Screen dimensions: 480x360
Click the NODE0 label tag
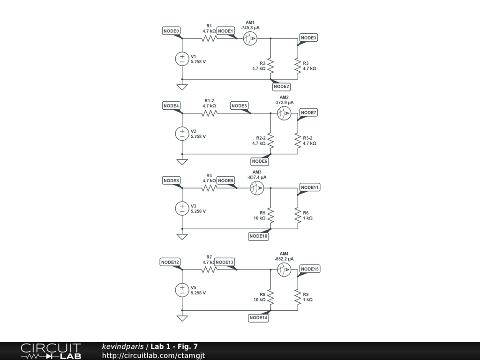172,31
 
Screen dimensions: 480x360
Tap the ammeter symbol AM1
250,39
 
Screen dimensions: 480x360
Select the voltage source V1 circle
182,59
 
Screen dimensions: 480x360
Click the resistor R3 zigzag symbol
298,66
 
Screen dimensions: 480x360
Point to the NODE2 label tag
281,86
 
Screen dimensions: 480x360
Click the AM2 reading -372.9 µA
284,102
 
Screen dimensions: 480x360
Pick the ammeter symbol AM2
284,113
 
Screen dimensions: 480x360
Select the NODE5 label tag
239,106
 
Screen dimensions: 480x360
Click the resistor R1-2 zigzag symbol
209,113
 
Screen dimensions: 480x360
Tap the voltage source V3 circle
182,208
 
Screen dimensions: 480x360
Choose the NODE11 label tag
309,187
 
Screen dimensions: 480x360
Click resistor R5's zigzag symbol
270,215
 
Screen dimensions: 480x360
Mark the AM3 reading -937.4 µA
256,177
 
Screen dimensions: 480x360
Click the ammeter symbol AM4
284,270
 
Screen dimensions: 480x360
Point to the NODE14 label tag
258,318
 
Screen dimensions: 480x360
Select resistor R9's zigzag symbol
298,297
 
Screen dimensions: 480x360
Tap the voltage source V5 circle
182,290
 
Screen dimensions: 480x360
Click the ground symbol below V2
182,162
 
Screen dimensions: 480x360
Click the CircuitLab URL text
153,356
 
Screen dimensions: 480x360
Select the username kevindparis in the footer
123,347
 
